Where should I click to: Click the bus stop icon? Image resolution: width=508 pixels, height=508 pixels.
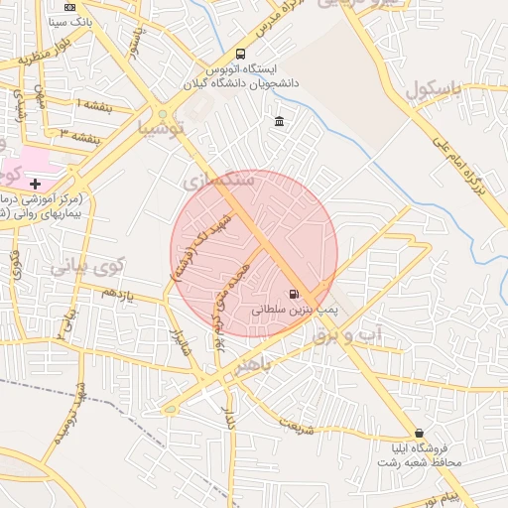click(241, 55)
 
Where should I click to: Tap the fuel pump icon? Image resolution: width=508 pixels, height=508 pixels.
click(293, 294)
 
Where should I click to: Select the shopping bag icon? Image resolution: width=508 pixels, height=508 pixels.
click(420, 434)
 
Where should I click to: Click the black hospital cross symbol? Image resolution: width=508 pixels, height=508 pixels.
click(36, 184)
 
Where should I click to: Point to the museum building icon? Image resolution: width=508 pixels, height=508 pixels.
click(279, 122)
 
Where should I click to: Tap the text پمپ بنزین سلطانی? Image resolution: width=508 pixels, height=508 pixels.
click(295, 310)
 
